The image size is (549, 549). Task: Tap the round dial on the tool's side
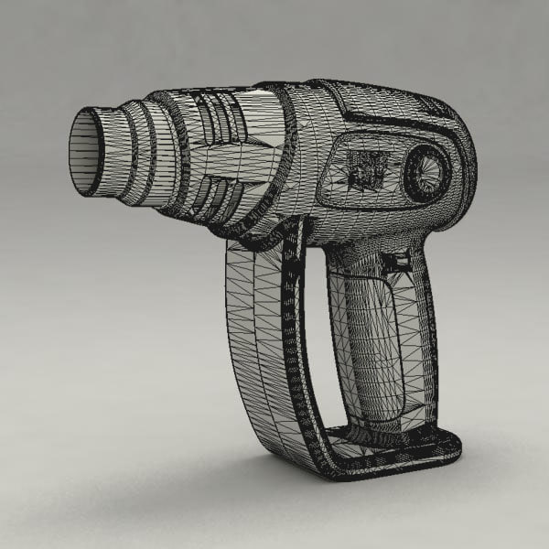click(426, 173)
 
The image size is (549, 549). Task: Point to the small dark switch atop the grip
click(396, 262)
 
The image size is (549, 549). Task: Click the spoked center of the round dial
click(426, 173)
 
